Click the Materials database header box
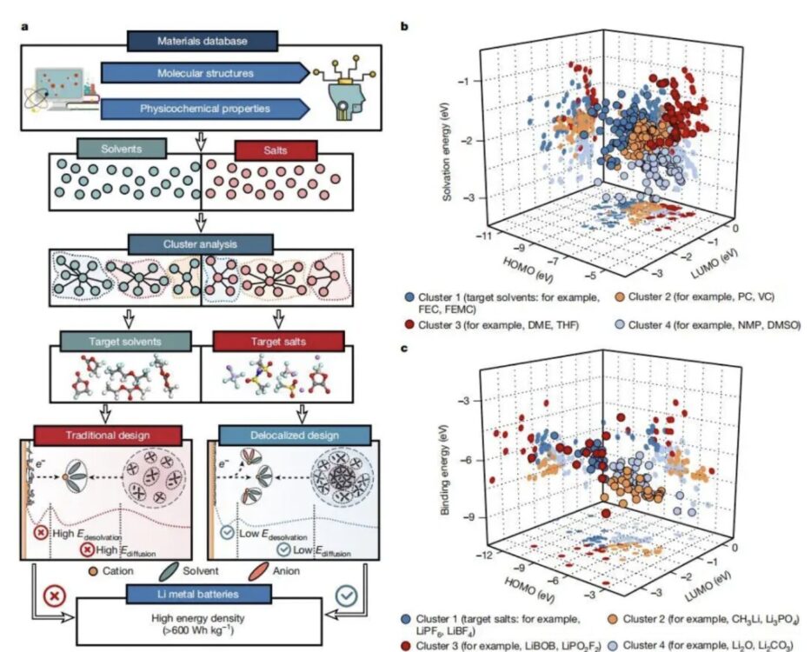click(203, 40)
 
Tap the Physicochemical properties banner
click(203, 109)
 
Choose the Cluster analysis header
click(202, 243)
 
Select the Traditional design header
click(107, 433)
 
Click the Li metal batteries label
click(202, 593)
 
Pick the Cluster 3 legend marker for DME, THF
click(408, 324)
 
